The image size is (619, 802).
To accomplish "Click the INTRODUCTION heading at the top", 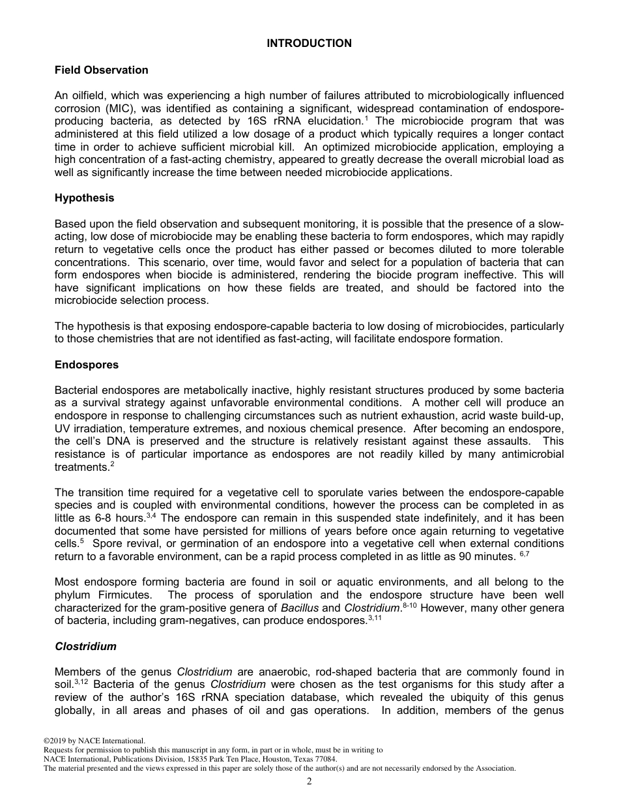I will (309, 44).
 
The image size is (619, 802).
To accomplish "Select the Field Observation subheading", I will (101, 70).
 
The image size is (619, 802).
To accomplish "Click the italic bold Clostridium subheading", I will (85, 646).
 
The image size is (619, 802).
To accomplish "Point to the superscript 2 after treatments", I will (112, 464).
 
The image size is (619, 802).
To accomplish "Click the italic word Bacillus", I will (300, 608).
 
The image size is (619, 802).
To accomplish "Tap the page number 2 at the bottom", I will (309, 782).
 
